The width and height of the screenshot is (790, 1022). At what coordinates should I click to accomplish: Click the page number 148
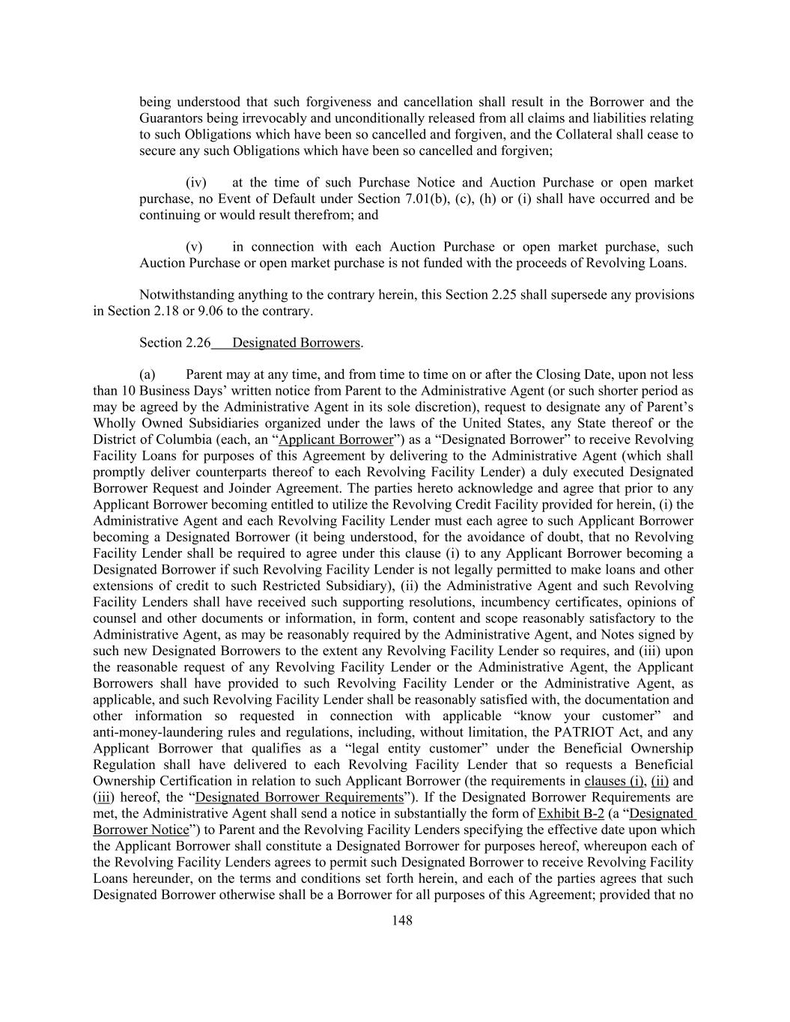(x=402, y=920)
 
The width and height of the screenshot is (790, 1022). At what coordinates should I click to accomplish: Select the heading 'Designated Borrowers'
(x=297, y=343)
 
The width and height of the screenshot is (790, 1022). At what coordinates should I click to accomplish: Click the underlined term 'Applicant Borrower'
(x=335, y=439)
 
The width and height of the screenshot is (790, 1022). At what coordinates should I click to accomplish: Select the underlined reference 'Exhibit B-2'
(x=571, y=814)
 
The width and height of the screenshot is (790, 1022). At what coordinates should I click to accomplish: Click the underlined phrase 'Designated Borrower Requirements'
(x=299, y=797)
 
